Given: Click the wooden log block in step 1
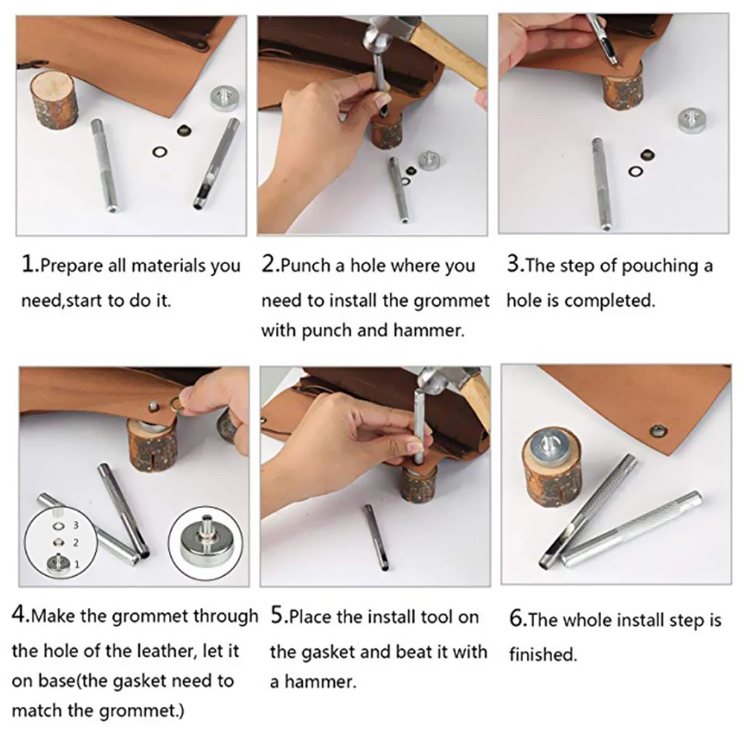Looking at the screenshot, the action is (x=53, y=100).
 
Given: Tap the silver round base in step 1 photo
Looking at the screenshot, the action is (x=224, y=98).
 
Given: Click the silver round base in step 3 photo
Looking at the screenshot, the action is (x=692, y=121).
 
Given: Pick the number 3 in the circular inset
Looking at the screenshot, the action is (x=76, y=525).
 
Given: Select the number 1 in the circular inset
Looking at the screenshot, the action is (x=77, y=564).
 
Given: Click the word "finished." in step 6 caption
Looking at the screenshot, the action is (x=543, y=655).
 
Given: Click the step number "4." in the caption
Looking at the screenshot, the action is (x=21, y=615).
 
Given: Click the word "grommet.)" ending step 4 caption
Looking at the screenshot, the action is (x=141, y=711).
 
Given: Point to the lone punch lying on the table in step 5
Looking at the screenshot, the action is (x=376, y=537).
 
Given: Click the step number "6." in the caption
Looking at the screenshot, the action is (x=518, y=619).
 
